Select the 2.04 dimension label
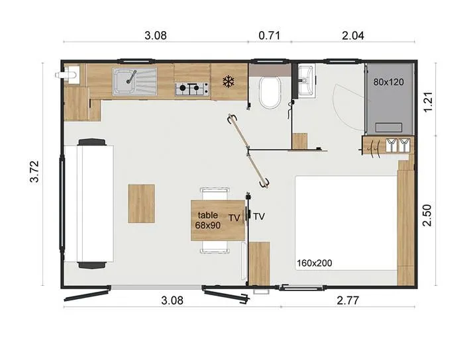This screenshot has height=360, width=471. [352, 36]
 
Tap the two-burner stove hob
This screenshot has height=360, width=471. [191, 87]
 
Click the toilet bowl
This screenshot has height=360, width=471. [270, 93]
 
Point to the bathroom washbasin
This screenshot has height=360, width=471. [306, 81]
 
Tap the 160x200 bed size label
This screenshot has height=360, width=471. [315, 263]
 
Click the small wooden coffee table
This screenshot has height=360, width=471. [141, 203]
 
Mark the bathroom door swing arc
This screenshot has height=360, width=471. [344, 106]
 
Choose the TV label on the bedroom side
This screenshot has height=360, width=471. [259, 216]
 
